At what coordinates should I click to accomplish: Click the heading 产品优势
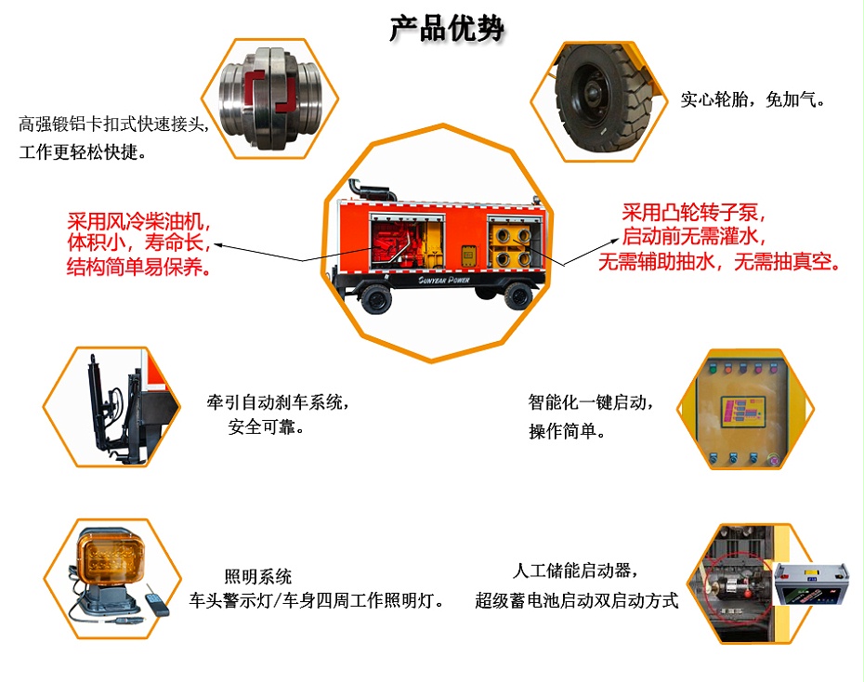coord(447,29)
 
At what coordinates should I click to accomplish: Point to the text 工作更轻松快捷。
coord(83,152)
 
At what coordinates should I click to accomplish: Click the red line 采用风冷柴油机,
coord(138,223)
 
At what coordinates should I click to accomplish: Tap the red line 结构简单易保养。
coord(138,269)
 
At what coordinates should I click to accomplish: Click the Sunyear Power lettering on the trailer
coord(436,277)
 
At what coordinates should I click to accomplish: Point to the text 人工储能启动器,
coord(576,571)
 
